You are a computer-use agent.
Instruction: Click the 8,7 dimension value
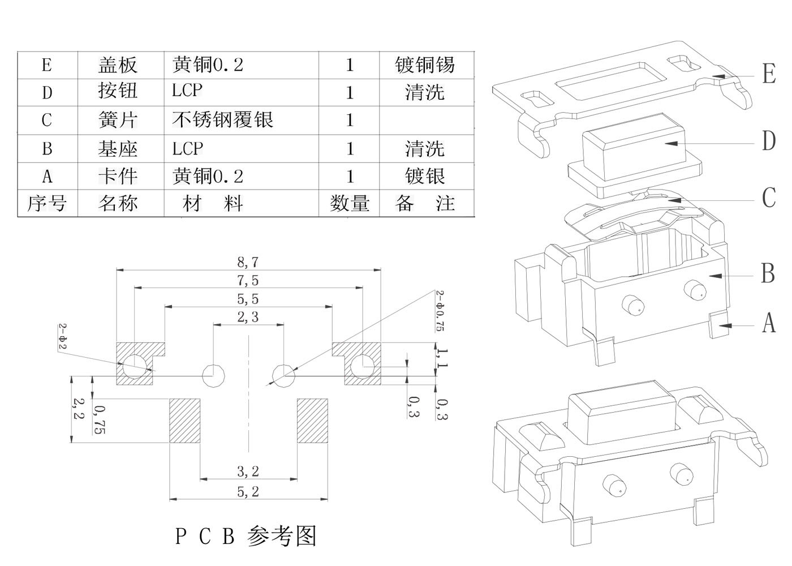pos(248,262)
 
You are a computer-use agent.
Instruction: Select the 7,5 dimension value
pos(248,280)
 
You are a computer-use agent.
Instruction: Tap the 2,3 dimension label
pos(248,317)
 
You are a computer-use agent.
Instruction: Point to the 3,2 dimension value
pos(248,471)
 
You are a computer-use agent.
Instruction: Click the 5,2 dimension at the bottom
pos(248,492)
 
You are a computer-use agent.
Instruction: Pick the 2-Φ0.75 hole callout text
pos(440,310)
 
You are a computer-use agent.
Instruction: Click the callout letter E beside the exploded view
pos(768,74)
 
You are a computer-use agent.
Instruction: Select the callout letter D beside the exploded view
pos(768,141)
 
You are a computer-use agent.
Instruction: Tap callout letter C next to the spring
pos(768,198)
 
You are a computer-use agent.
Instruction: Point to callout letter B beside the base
pos(768,273)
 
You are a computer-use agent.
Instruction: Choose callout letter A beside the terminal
pos(769,323)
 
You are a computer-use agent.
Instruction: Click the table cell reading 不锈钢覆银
pos(223,119)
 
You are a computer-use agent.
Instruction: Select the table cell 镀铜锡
pos(425,65)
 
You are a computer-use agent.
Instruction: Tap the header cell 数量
pos(350,203)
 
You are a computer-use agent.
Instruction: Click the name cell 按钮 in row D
pos(118,91)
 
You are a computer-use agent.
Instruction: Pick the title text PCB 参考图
pos(246,535)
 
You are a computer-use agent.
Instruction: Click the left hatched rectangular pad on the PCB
pos(185,421)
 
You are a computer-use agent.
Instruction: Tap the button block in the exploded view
pos(634,153)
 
